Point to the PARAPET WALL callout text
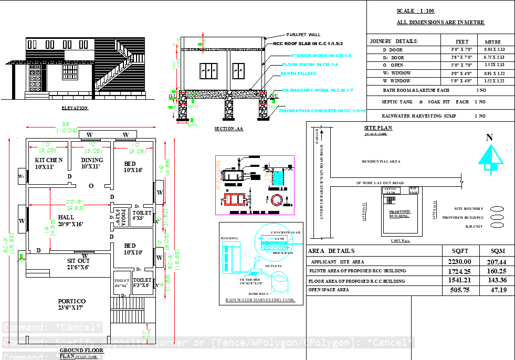(303, 34)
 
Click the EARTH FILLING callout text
(298, 73)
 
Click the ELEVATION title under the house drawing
(75, 108)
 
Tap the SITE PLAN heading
(378, 128)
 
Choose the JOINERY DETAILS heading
(394, 41)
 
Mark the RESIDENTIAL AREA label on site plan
(381, 162)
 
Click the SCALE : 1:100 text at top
(415, 11)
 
